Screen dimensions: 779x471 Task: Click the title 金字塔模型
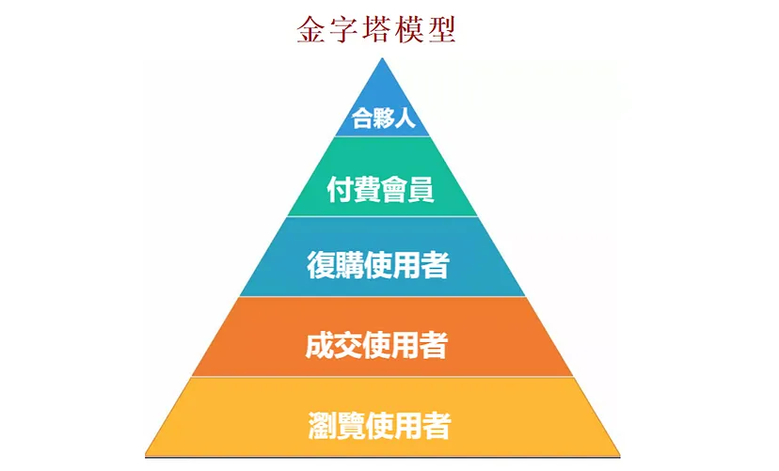(x=376, y=29)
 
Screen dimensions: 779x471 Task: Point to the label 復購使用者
(x=378, y=265)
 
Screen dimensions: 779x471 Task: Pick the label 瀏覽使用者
(x=378, y=426)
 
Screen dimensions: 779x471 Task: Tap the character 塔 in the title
(x=376, y=29)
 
